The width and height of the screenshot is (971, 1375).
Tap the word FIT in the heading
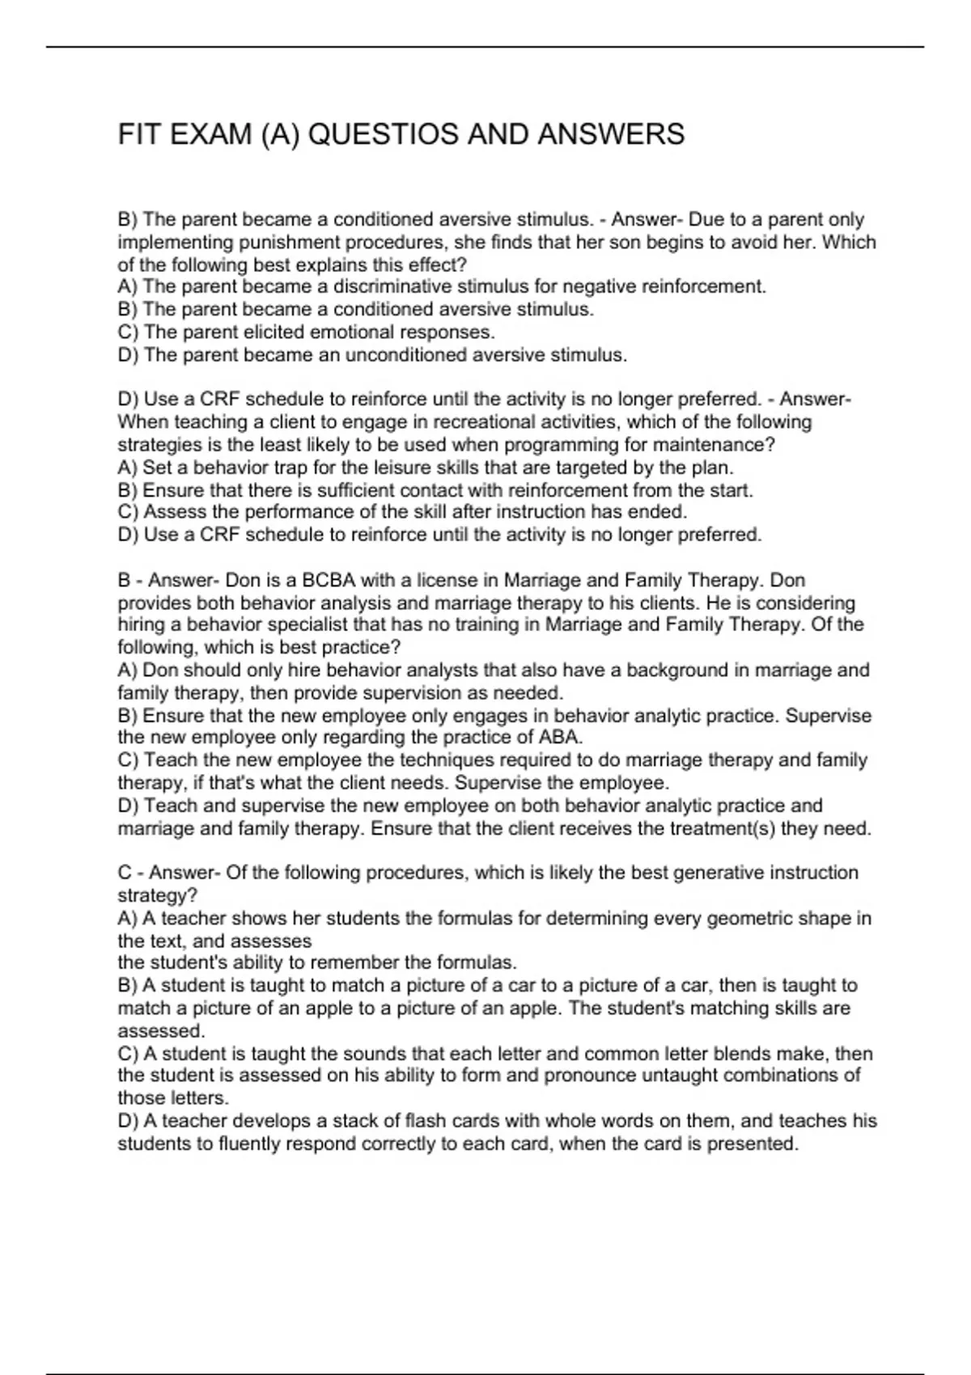(138, 134)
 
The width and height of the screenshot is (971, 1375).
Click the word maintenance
(710, 445)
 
